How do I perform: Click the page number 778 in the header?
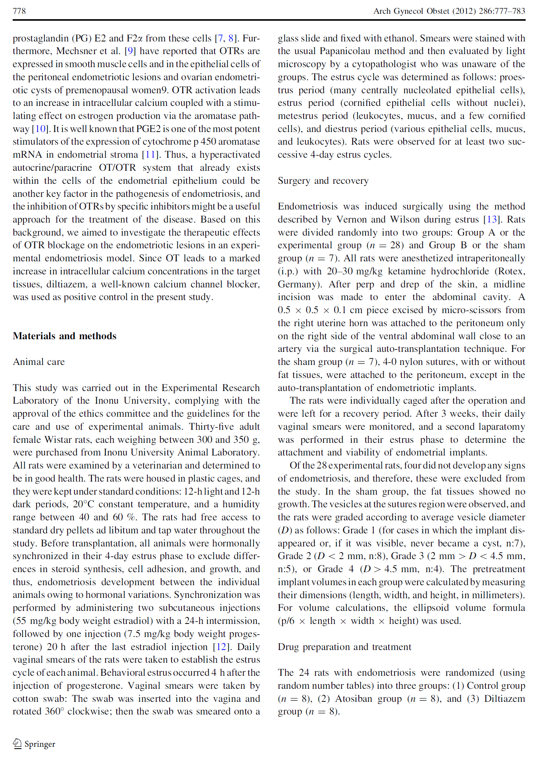point(19,11)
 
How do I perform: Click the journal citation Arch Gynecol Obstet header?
point(449,11)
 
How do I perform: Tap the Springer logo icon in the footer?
point(17,744)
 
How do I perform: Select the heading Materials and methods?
point(64,336)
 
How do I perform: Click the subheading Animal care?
point(39,362)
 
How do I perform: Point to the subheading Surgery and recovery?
point(323,181)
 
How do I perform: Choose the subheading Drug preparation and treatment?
point(344,647)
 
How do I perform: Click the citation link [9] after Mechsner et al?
point(130,51)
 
